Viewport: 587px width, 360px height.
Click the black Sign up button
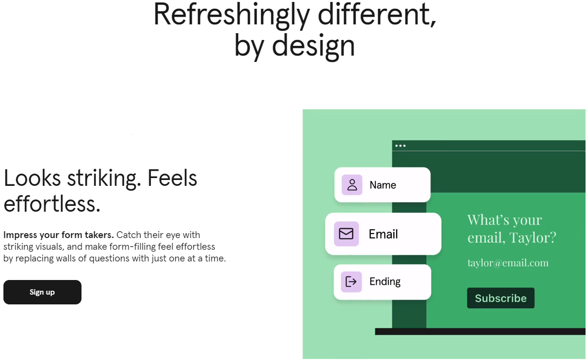[42, 292]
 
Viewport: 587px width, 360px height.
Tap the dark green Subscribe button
[501, 298]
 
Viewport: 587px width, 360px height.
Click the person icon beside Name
[352, 185]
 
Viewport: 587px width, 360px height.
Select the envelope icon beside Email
[346, 234]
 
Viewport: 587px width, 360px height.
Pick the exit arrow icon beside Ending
[351, 281]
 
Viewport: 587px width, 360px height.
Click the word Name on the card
[383, 185]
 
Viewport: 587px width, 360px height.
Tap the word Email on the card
[383, 234]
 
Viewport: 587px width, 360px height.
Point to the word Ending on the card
[385, 282]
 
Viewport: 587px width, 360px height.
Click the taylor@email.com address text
[508, 262]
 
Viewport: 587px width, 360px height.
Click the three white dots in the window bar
[401, 146]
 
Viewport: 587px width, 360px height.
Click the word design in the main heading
[313, 46]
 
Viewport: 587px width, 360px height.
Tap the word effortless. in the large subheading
[52, 204]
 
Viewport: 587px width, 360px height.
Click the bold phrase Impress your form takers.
[59, 235]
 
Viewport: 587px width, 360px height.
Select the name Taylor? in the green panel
[532, 238]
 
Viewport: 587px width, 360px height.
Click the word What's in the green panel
[488, 220]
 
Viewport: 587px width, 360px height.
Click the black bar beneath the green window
[480, 331]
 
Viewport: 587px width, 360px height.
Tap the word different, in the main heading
[377, 15]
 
